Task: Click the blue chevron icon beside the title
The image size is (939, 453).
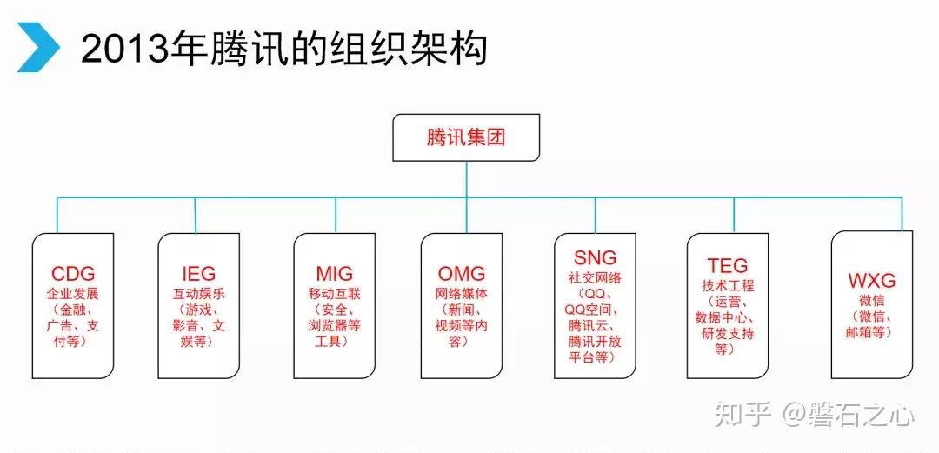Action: [x=37, y=49]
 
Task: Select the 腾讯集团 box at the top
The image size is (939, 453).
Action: [x=465, y=137]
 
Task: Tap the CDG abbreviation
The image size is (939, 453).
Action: [x=73, y=274]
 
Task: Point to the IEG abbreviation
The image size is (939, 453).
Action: [x=199, y=274]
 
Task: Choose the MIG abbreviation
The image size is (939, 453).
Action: [x=335, y=274]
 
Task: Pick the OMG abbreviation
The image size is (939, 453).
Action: [x=461, y=274]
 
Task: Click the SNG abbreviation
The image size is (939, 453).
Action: [x=596, y=257]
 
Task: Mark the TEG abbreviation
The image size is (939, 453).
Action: [x=728, y=266]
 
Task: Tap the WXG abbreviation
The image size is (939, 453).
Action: [x=871, y=281]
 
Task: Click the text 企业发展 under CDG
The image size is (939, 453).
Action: [x=73, y=293]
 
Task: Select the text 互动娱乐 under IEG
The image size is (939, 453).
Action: [x=199, y=293]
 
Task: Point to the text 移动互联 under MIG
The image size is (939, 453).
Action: [x=335, y=293]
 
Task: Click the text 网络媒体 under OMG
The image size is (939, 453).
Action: [x=461, y=293]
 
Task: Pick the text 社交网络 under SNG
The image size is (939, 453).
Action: [x=596, y=277]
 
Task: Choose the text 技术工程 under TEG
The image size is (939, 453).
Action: [x=728, y=285]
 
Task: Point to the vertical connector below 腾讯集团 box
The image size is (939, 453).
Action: [x=466, y=179]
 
